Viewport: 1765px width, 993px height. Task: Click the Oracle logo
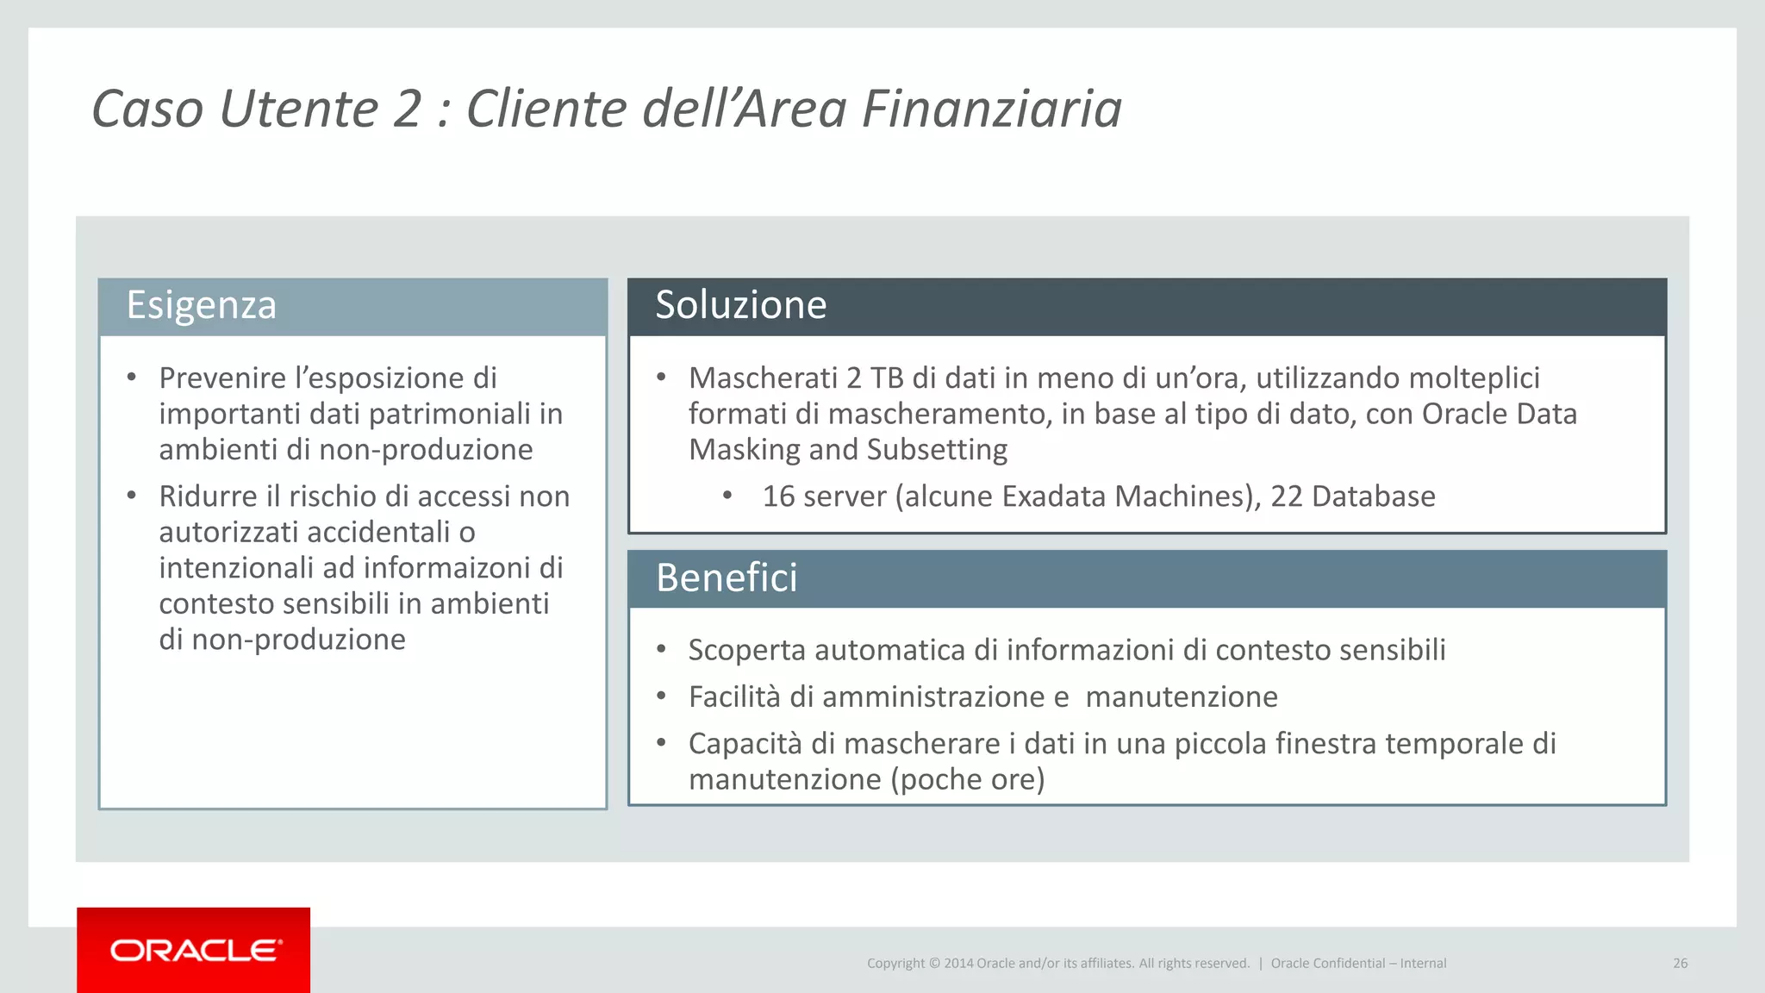195,951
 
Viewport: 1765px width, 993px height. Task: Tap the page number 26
1680,964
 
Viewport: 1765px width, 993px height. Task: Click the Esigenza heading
201,305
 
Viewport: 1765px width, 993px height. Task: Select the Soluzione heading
740,305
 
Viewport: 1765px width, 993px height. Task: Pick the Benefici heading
727,578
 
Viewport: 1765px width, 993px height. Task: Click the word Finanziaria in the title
991,109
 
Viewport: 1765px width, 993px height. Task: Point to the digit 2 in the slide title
407,109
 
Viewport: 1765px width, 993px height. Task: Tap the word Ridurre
209,496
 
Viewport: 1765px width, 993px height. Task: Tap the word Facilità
734,697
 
